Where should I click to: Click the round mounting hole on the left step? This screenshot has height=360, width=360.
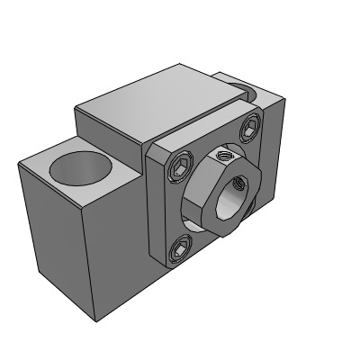click(80, 168)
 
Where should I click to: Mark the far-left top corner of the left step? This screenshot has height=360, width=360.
click(19, 163)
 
